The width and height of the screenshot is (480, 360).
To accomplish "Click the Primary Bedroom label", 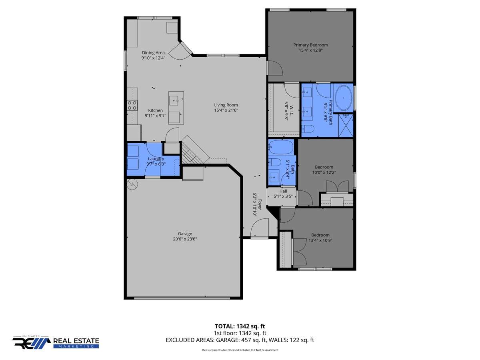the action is [310, 45].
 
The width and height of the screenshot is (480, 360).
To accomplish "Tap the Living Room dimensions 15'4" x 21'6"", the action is [226, 110].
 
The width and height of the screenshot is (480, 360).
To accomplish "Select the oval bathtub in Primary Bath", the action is [344, 98].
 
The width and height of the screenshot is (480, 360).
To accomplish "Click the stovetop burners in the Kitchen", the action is [132, 105].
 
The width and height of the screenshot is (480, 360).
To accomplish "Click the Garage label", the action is [185, 234].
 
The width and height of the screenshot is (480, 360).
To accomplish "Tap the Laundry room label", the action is [156, 159].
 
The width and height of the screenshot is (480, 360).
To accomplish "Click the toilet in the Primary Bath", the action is [308, 129].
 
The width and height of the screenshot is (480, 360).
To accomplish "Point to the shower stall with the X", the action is [346, 126].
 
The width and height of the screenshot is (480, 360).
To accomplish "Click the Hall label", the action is [283, 191].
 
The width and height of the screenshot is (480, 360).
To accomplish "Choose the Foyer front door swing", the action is [259, 227].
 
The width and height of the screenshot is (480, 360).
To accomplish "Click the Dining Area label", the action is [153, 53].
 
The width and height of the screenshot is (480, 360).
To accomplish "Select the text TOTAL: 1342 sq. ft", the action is [240, 326].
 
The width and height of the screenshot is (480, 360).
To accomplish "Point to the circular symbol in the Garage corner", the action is [132, 184].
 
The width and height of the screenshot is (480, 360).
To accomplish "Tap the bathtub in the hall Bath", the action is [281, 147].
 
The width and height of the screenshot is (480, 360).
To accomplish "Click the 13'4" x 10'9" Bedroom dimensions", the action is [320, 240].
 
